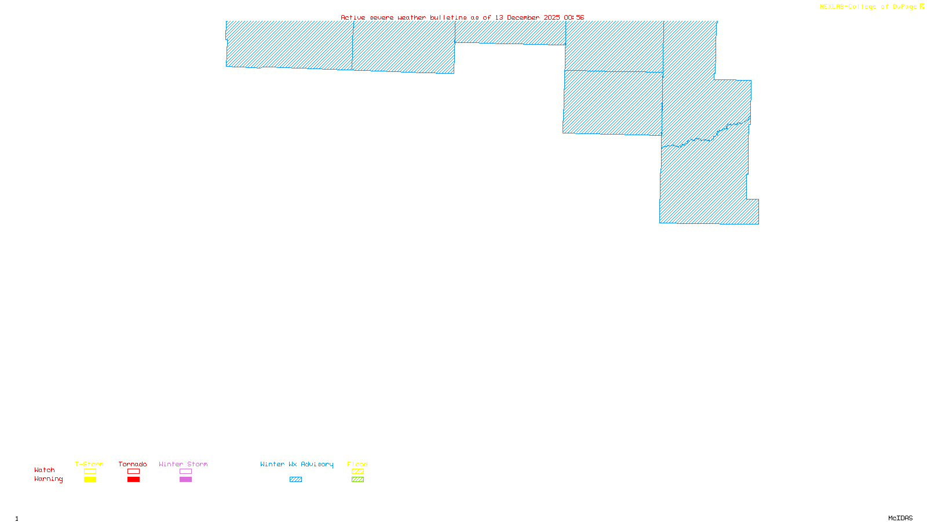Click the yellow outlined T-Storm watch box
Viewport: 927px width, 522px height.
[90, 472]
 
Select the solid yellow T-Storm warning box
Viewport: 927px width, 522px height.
[90, 480]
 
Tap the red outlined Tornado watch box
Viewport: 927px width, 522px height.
[133, 472]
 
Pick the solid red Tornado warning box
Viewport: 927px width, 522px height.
[133, 480]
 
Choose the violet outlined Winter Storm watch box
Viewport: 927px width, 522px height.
[185, 472]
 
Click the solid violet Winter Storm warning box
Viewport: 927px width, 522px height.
[185, 480]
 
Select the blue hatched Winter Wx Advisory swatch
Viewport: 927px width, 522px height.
[295, 480]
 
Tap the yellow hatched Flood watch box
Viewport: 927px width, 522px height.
[357, 472]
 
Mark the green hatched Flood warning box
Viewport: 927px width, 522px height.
[357, 480]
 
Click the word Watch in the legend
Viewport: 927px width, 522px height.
[45, 470]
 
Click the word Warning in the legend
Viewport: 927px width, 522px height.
[48, 479]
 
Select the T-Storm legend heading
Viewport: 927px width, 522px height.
[89, 464]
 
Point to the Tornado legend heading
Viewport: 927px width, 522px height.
[133, 464]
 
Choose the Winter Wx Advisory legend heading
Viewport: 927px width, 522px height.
[297, 464]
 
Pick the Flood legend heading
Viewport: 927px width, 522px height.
[357, 464]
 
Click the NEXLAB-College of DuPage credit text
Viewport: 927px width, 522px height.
[868, 7]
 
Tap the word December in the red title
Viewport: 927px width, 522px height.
[523, 18]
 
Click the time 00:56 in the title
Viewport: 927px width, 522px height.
[574, 18]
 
